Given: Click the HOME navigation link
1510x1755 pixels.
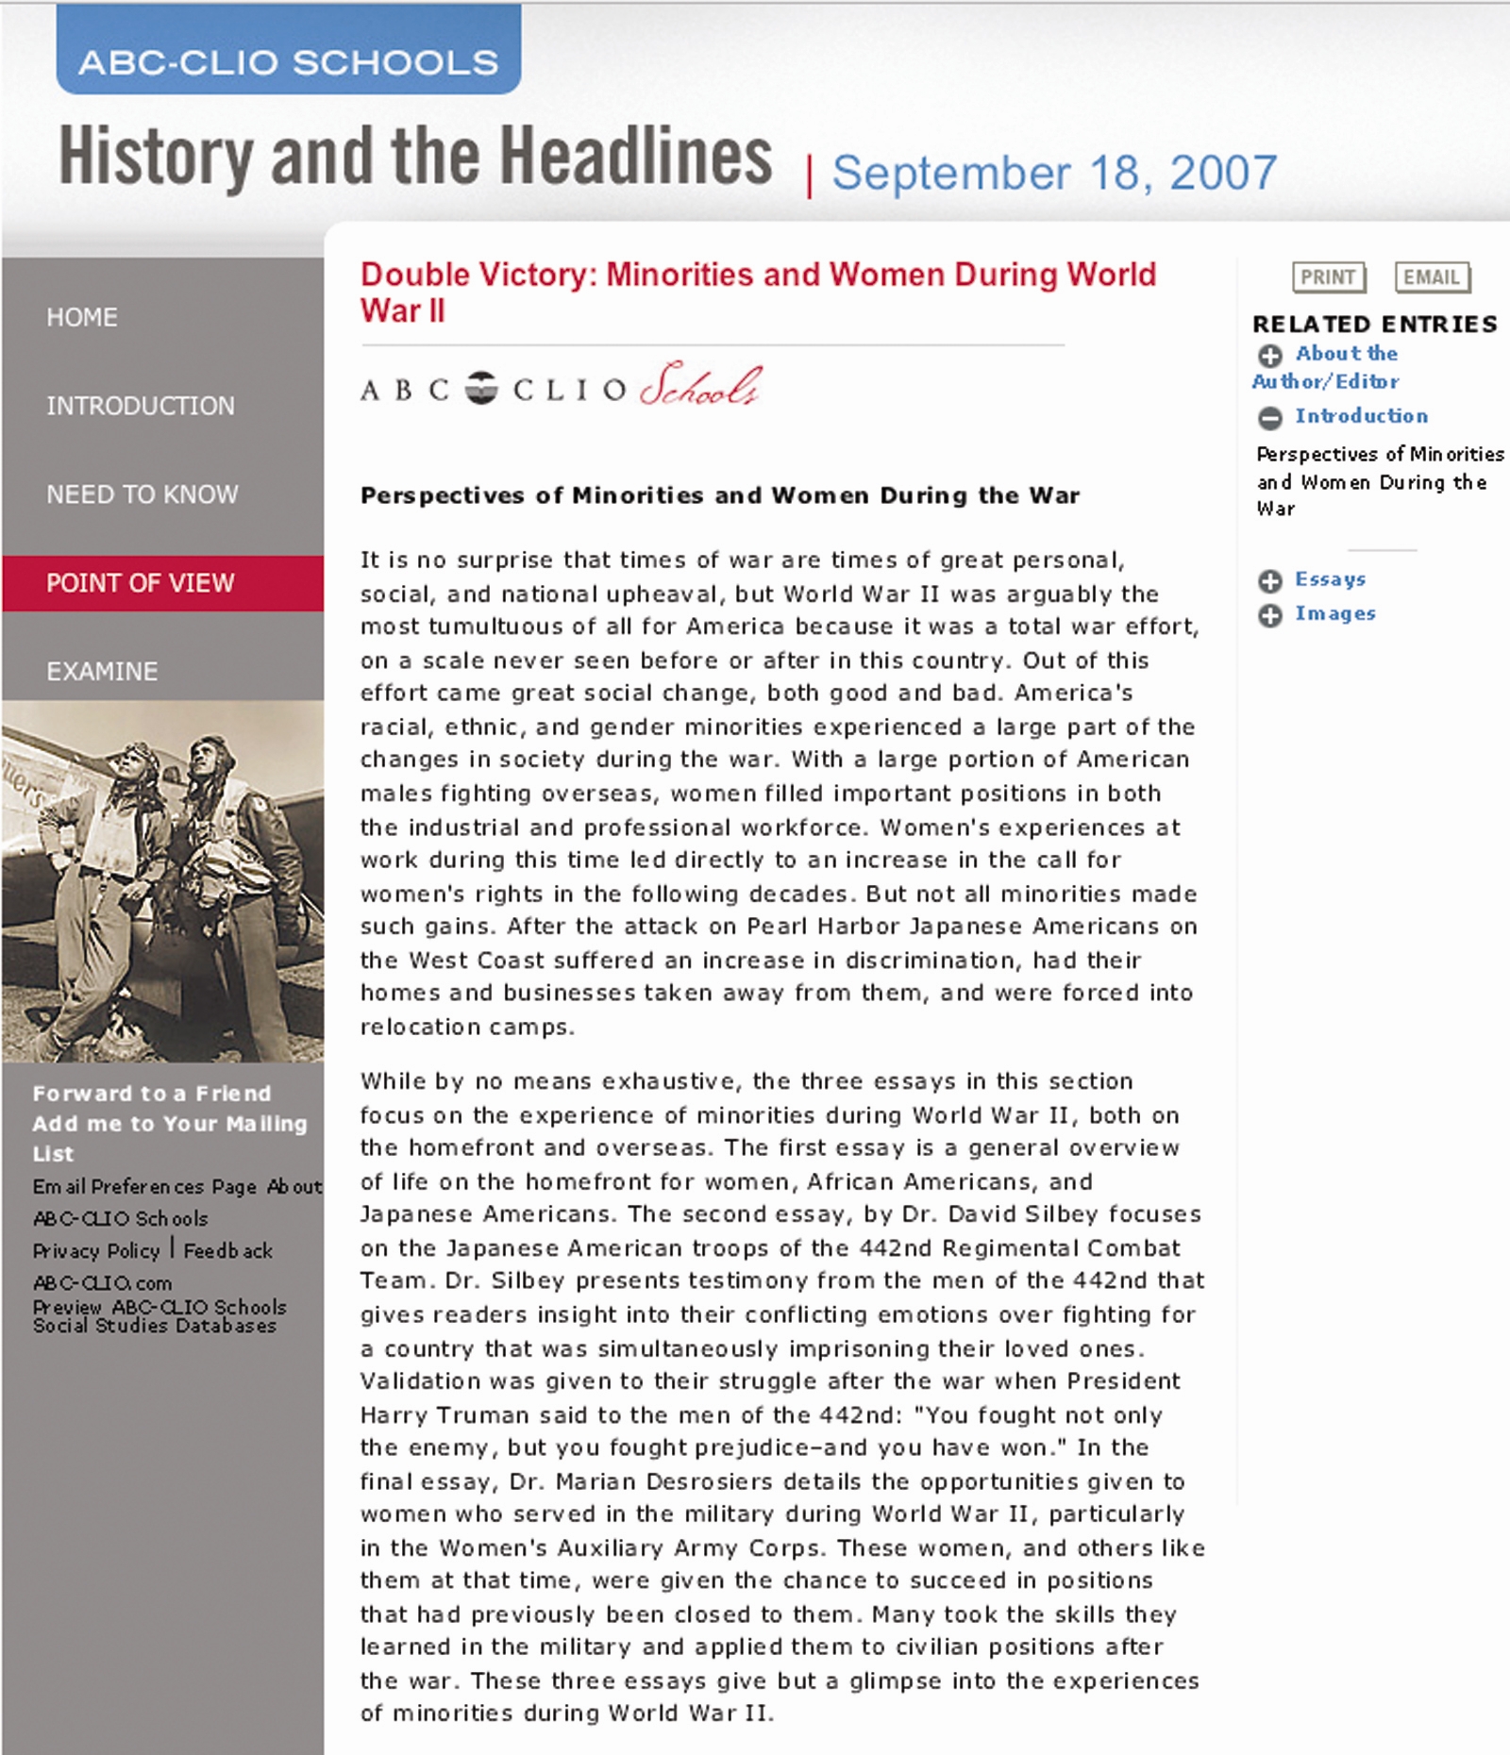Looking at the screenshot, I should tap(82, 317).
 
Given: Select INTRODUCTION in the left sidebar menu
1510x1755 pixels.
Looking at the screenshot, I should tap(141, 406).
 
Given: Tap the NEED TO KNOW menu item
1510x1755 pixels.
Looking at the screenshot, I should tap(143, 494).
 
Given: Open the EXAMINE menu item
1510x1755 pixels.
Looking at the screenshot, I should tap(102, 672).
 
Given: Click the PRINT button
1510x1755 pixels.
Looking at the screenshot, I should tap(1328, 277).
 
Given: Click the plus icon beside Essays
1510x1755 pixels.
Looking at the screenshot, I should tap(1270, 581).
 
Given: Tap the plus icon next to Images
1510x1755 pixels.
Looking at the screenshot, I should tap(1270, 615).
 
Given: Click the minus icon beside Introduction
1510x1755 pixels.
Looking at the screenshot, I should tap(1270, 417).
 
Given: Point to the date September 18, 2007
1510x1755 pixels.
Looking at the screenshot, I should tap(1054, 174).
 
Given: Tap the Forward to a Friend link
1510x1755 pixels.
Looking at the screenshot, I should tap(152, 1094).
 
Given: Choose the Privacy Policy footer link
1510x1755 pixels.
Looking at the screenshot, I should tap(96, 1251).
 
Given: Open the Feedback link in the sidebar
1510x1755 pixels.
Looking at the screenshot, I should tap(227, 1251).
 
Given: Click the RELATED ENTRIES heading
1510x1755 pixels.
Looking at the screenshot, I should tap(1374, 325).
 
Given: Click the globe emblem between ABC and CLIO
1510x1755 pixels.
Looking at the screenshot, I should tap(481, 388).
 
